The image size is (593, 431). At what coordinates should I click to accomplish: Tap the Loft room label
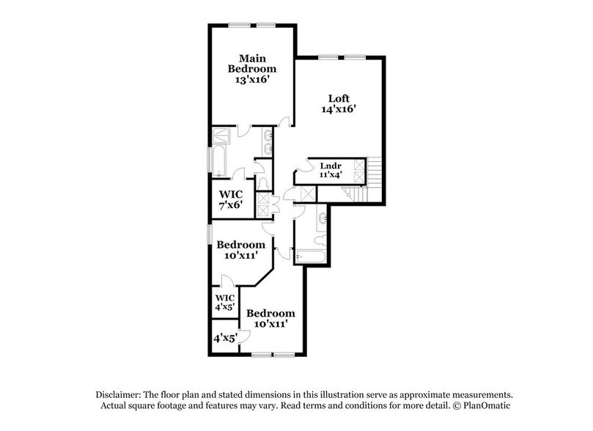(338, 97)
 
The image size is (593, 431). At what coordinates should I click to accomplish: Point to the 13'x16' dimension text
(251, 82)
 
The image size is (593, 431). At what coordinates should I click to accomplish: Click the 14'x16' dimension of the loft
(338, 111)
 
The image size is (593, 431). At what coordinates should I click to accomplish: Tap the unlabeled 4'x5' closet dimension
(223, 339)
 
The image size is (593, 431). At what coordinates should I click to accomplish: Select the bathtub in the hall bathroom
(310, 257)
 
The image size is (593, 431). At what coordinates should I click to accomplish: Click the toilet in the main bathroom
(264, 183)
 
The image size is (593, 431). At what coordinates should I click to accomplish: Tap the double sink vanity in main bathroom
(268, 142)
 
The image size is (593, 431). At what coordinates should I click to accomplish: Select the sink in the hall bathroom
(323, 218)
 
